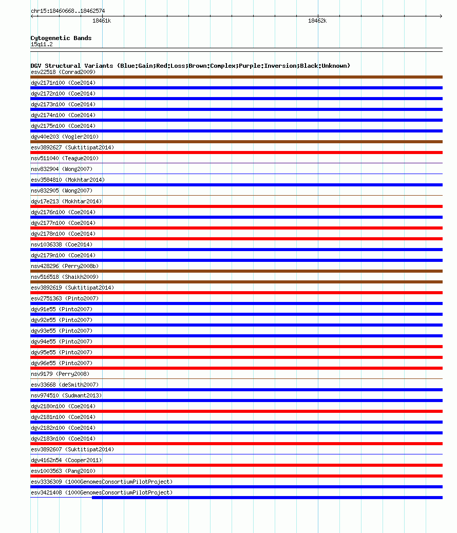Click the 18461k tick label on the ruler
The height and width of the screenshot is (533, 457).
pyautogui.click(x=101, y=21)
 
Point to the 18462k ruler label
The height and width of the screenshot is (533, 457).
pyautogui.click(x=317, y=21)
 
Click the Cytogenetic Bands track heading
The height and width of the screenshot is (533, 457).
pyautogui.click(x=61, y=38)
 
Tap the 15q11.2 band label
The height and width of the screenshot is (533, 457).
pyautogui.click(x=42, y=44)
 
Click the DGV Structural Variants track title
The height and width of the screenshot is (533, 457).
pyautogui.click(x=190, y=66)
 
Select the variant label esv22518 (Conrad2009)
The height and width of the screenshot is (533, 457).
pyautogui.click(x=63, y=72)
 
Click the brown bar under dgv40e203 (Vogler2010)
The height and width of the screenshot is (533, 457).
pyautogui.click(x=236, y=142)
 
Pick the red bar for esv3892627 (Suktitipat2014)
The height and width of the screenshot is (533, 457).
pyautogui.click(x=236, y=153)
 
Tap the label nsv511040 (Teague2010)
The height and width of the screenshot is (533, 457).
pyautogui.click(x=65, y=158)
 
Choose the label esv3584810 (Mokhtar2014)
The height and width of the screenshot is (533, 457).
pyautogui.click(x=68, y=180)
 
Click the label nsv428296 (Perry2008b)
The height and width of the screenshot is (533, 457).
pyautogui.click(x=65, y=266)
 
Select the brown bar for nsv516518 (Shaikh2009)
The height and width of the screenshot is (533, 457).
pyautogui.click(x=236, y=282)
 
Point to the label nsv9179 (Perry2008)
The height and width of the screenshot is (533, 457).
pyautogui.click(x=60, y=374)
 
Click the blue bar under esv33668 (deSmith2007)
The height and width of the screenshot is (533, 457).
pyautogui.click(x=236, y=390)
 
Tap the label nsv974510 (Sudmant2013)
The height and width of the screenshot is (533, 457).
pyautogui.click(x=66, y=395)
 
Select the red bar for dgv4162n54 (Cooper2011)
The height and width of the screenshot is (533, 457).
pyautogui.click(x=236, y=465)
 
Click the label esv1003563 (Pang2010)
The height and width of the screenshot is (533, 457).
pyautogui.click(x=63, y=471)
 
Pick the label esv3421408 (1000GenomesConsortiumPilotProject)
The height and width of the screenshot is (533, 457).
pyautogui.click(x=102, y=492)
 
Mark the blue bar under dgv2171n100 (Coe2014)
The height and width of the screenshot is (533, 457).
pyautogui.click(x=236, y=88)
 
